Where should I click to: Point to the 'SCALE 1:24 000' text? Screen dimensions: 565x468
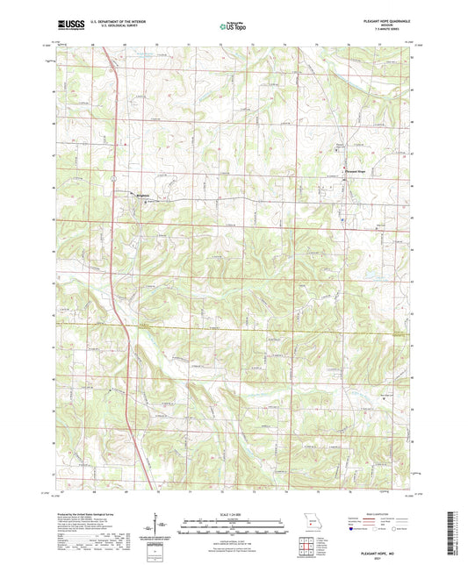(x=233, y=513)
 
